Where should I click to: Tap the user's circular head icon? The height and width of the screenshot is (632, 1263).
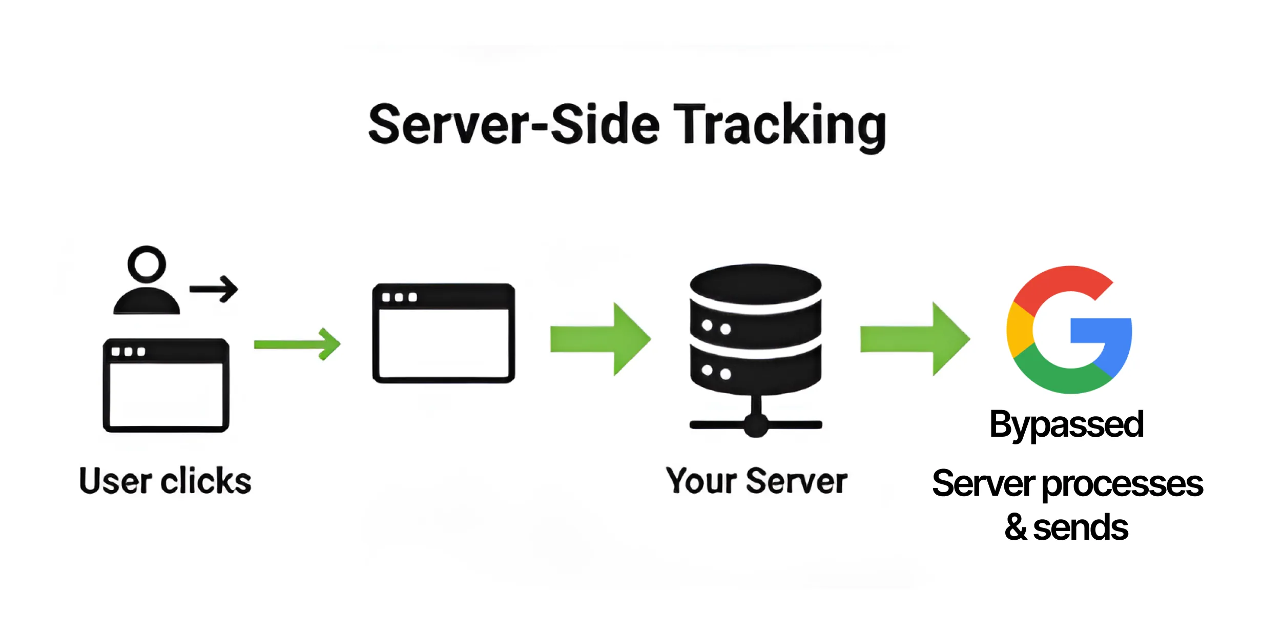coord(147,264)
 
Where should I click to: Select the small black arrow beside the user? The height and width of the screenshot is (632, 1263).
coord(214,289)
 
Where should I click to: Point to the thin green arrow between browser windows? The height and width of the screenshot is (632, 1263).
coord(297,344)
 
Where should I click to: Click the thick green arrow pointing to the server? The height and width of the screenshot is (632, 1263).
coord(600,339)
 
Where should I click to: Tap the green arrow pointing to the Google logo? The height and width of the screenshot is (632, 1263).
coord(915,339)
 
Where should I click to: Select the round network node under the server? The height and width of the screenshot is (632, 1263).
coord(756,425)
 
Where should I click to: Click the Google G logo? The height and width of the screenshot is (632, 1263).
coord(1069,330)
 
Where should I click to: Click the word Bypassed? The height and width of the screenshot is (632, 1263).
coord(1066,424)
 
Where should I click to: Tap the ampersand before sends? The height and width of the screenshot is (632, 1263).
coord(1015,527)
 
